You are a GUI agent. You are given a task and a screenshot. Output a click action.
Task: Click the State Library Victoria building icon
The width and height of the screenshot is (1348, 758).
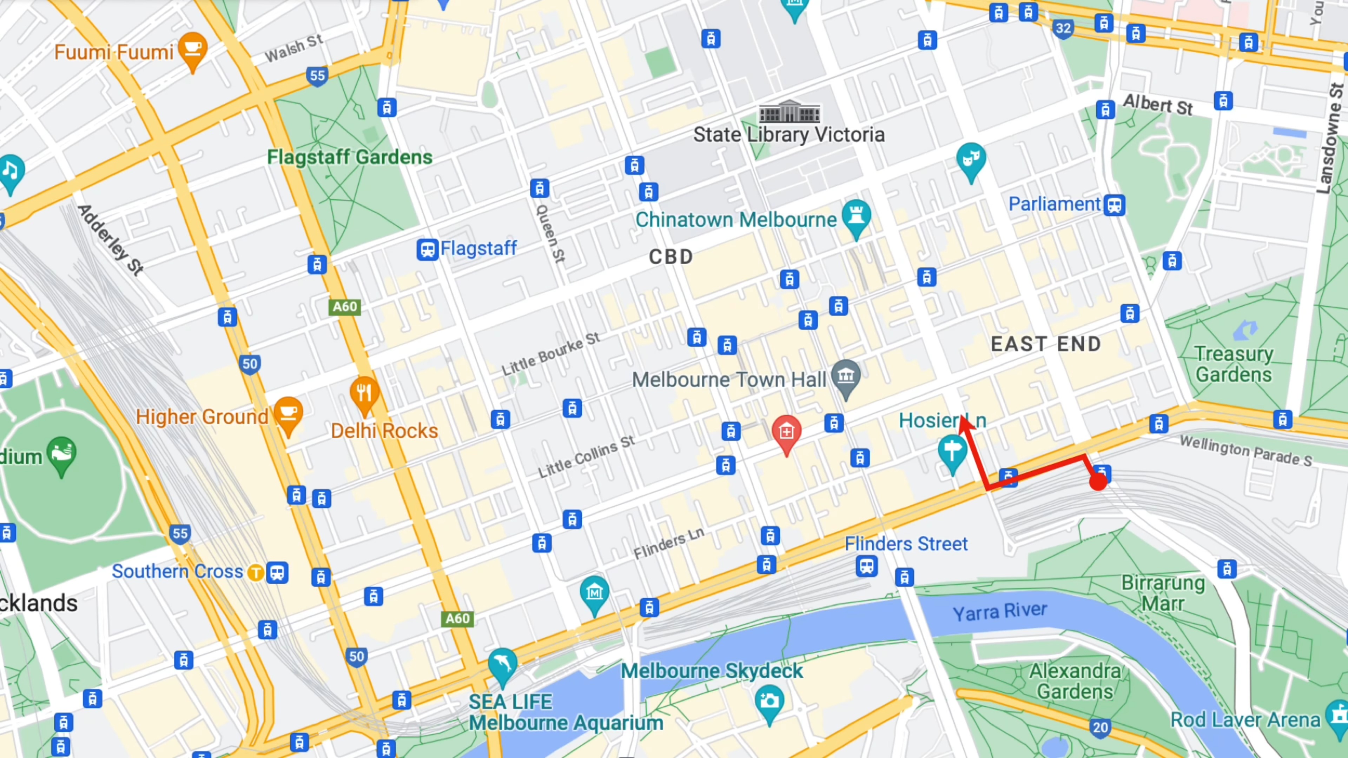[789, 112]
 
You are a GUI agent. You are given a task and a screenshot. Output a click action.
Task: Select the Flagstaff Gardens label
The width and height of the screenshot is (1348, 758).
[350, 157]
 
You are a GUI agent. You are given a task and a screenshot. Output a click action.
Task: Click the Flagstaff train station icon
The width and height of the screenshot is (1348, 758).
[427, 249]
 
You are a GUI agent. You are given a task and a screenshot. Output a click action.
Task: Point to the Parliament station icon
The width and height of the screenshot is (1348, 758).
[1114, 205]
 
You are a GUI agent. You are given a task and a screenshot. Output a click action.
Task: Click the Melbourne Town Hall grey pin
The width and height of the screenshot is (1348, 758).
[846, 377]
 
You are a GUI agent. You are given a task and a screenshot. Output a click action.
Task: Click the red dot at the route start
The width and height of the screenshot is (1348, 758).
[1098, 482]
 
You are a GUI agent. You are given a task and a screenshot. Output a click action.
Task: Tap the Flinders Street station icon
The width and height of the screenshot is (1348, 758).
[867, 566]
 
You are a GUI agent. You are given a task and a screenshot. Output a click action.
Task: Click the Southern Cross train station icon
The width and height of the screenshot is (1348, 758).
[277, 572]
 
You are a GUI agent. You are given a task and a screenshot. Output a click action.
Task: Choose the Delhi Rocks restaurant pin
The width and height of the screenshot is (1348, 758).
[364, 393]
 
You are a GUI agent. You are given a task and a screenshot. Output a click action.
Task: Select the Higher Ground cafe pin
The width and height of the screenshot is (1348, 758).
[288, 414]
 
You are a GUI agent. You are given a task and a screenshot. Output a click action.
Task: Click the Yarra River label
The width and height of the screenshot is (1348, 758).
[999, 611]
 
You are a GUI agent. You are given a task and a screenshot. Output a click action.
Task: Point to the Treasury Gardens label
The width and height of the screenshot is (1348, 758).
[1234, 364]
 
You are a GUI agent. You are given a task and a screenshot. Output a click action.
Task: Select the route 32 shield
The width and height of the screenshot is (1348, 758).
[1063, 28]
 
